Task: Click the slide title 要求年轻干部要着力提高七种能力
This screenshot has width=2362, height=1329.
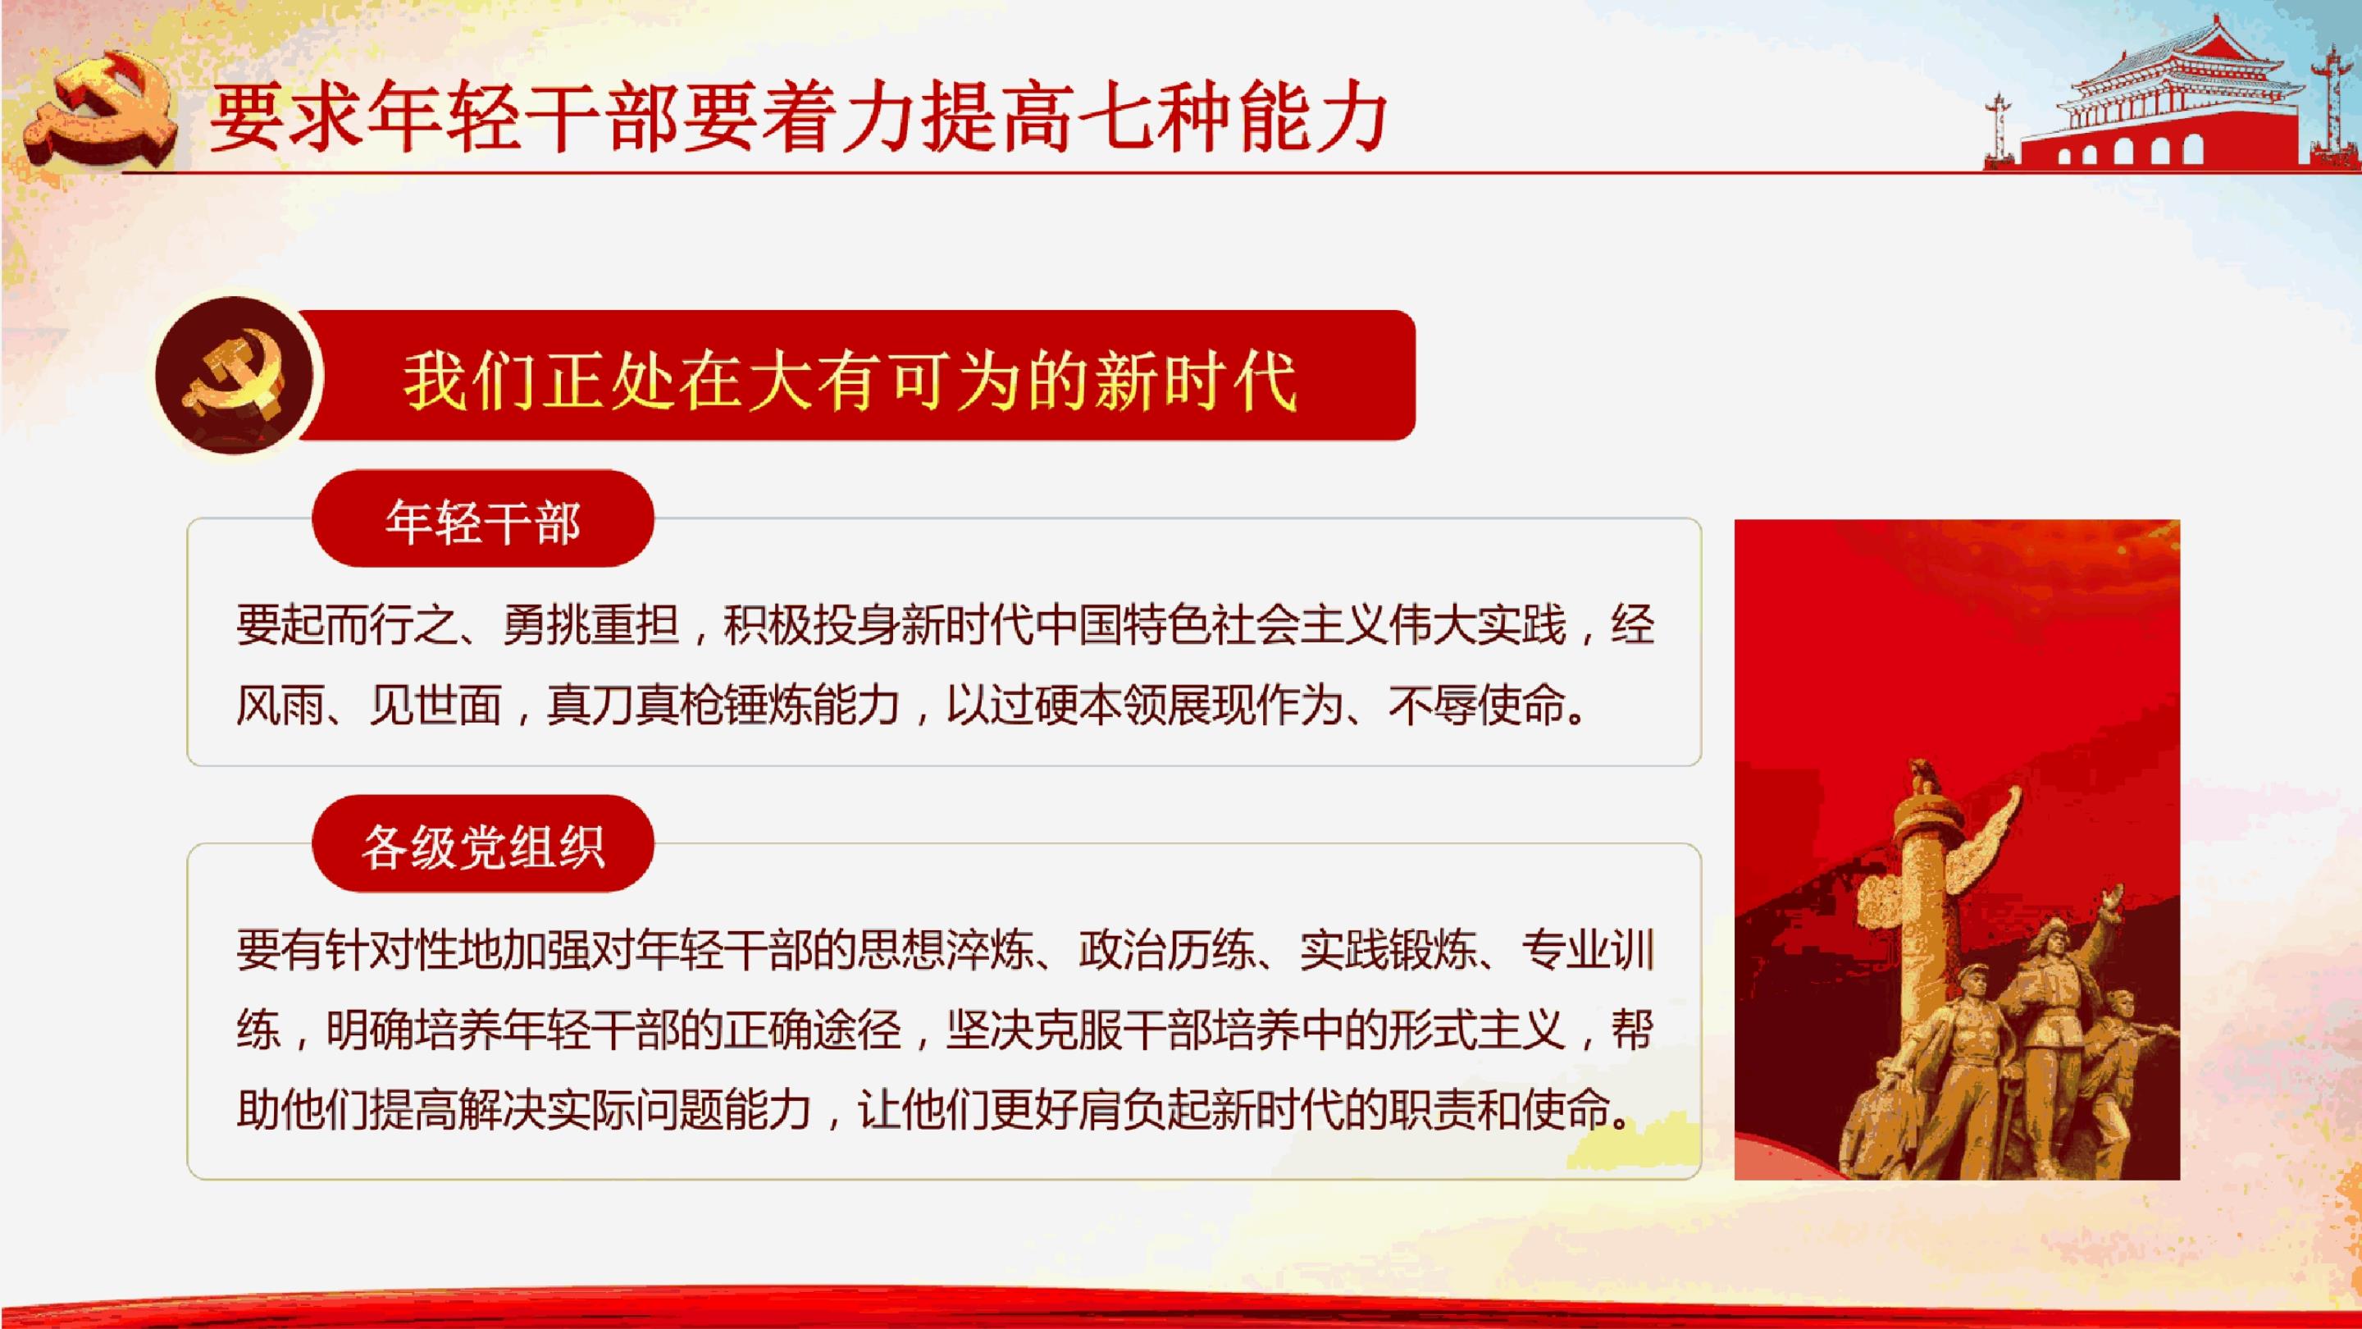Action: tap(798, 117)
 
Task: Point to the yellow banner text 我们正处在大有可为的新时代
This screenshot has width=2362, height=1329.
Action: tap(850, 380)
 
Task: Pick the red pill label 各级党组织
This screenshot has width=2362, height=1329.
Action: tap(483, 844)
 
